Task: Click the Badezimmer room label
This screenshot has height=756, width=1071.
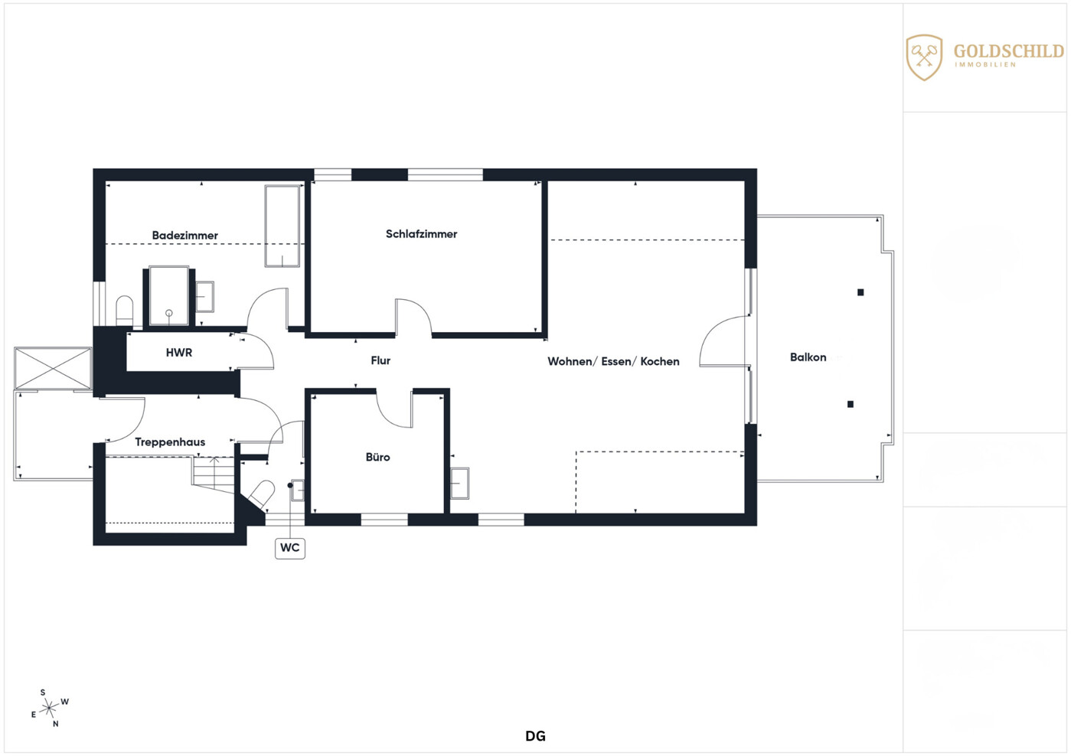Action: pos(184,235)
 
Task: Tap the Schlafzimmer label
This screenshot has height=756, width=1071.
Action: pos(421,234)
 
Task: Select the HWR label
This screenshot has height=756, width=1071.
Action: pos(179,353)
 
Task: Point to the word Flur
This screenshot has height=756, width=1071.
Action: pos(380,360)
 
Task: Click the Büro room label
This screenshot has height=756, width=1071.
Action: pos(377,457)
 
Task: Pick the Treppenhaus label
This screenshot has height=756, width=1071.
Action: pos(170,442)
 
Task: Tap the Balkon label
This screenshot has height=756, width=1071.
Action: pos(808,357)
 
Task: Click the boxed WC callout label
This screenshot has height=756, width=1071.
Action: pos(289,548)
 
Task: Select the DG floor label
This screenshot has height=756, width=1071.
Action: pos(536,736)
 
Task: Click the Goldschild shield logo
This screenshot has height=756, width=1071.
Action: pos(924,57)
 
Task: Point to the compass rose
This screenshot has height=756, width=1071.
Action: pos(49,709)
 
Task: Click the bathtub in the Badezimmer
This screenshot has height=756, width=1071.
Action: pos(282,226)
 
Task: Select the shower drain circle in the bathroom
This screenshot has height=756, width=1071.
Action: pos(168,313)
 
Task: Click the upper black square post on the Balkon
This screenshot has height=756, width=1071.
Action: pos(860,292)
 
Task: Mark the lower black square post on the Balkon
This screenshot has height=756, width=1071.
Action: pos(850,404)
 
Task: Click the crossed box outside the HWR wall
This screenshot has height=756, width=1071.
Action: pos(53,368)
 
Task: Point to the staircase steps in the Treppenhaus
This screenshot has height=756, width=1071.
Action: pos(214,474)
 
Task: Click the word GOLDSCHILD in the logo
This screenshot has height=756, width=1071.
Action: pos(1009,51)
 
